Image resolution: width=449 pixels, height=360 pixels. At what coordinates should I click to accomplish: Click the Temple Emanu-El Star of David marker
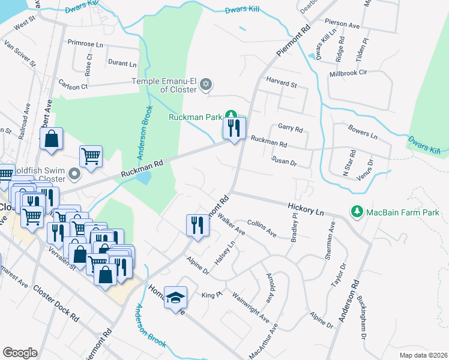tap(206, 84)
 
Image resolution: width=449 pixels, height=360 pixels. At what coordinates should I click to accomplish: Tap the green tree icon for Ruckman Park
tap(231, 116)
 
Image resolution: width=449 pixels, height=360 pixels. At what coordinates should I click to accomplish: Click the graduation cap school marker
tap(175, 298)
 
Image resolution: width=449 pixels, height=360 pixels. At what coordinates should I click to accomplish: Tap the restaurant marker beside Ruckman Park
tap(235, 128)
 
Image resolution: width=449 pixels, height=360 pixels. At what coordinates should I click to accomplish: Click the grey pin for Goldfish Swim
tap(74, 175)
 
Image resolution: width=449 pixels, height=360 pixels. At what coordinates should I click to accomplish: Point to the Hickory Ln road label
tap(307, 209)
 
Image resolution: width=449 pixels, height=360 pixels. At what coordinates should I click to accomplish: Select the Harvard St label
tap(282, 85)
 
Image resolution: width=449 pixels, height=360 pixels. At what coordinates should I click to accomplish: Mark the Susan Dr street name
tap(285, 162)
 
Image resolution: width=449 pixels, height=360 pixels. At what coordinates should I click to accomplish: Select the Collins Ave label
tap(261, 228)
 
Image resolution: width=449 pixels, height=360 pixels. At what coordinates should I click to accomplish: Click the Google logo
tap(20, 353)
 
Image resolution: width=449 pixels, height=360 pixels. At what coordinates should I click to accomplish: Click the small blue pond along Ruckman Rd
tap(143, 178)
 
